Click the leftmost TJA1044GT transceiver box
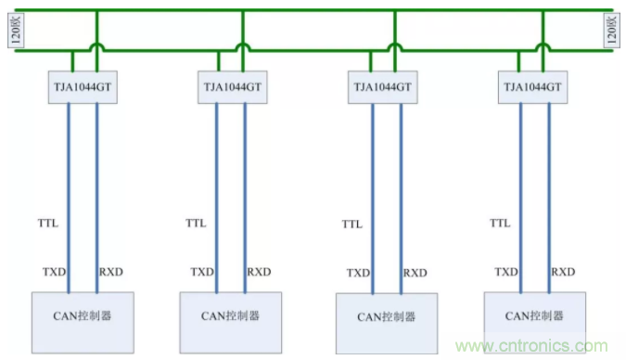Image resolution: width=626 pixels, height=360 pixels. (x=83, y=87)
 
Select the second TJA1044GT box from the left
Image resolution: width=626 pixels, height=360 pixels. (x=233, y=87)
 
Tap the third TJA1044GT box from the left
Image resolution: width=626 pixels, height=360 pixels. (x=382, y=87)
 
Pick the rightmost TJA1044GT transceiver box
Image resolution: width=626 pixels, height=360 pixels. (x=532, y=87)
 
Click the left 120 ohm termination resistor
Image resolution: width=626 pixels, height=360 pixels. (x=16, y=31)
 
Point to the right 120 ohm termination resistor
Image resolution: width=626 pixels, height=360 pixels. (x=611, y=31)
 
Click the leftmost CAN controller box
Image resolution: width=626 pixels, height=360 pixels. (x=83, y=323)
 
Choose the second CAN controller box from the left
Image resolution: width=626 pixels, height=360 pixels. (x=230, y=323)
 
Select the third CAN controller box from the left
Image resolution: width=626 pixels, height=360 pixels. (x=387, y=323)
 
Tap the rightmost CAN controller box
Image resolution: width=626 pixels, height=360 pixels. (x=534, y=323)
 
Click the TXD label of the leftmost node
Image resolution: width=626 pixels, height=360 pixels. (x=55, y=272)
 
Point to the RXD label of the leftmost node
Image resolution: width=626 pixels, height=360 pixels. (x=111, y=272)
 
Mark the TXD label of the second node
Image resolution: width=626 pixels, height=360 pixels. (x=202, y=272)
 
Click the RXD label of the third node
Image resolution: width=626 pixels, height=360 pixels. (x=415, y=273)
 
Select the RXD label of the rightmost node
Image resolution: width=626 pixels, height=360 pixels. (x=563, y=272)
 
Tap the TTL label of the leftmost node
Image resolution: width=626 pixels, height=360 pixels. (x=48, y=223)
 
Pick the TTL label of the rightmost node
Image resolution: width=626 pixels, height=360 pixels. (x=500, y=223)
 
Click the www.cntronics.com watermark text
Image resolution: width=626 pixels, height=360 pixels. (x=531, y=345)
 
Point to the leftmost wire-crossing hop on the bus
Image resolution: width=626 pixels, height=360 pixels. (x=96, y=46)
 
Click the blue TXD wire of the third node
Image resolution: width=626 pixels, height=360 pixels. (x=373, y=199)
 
